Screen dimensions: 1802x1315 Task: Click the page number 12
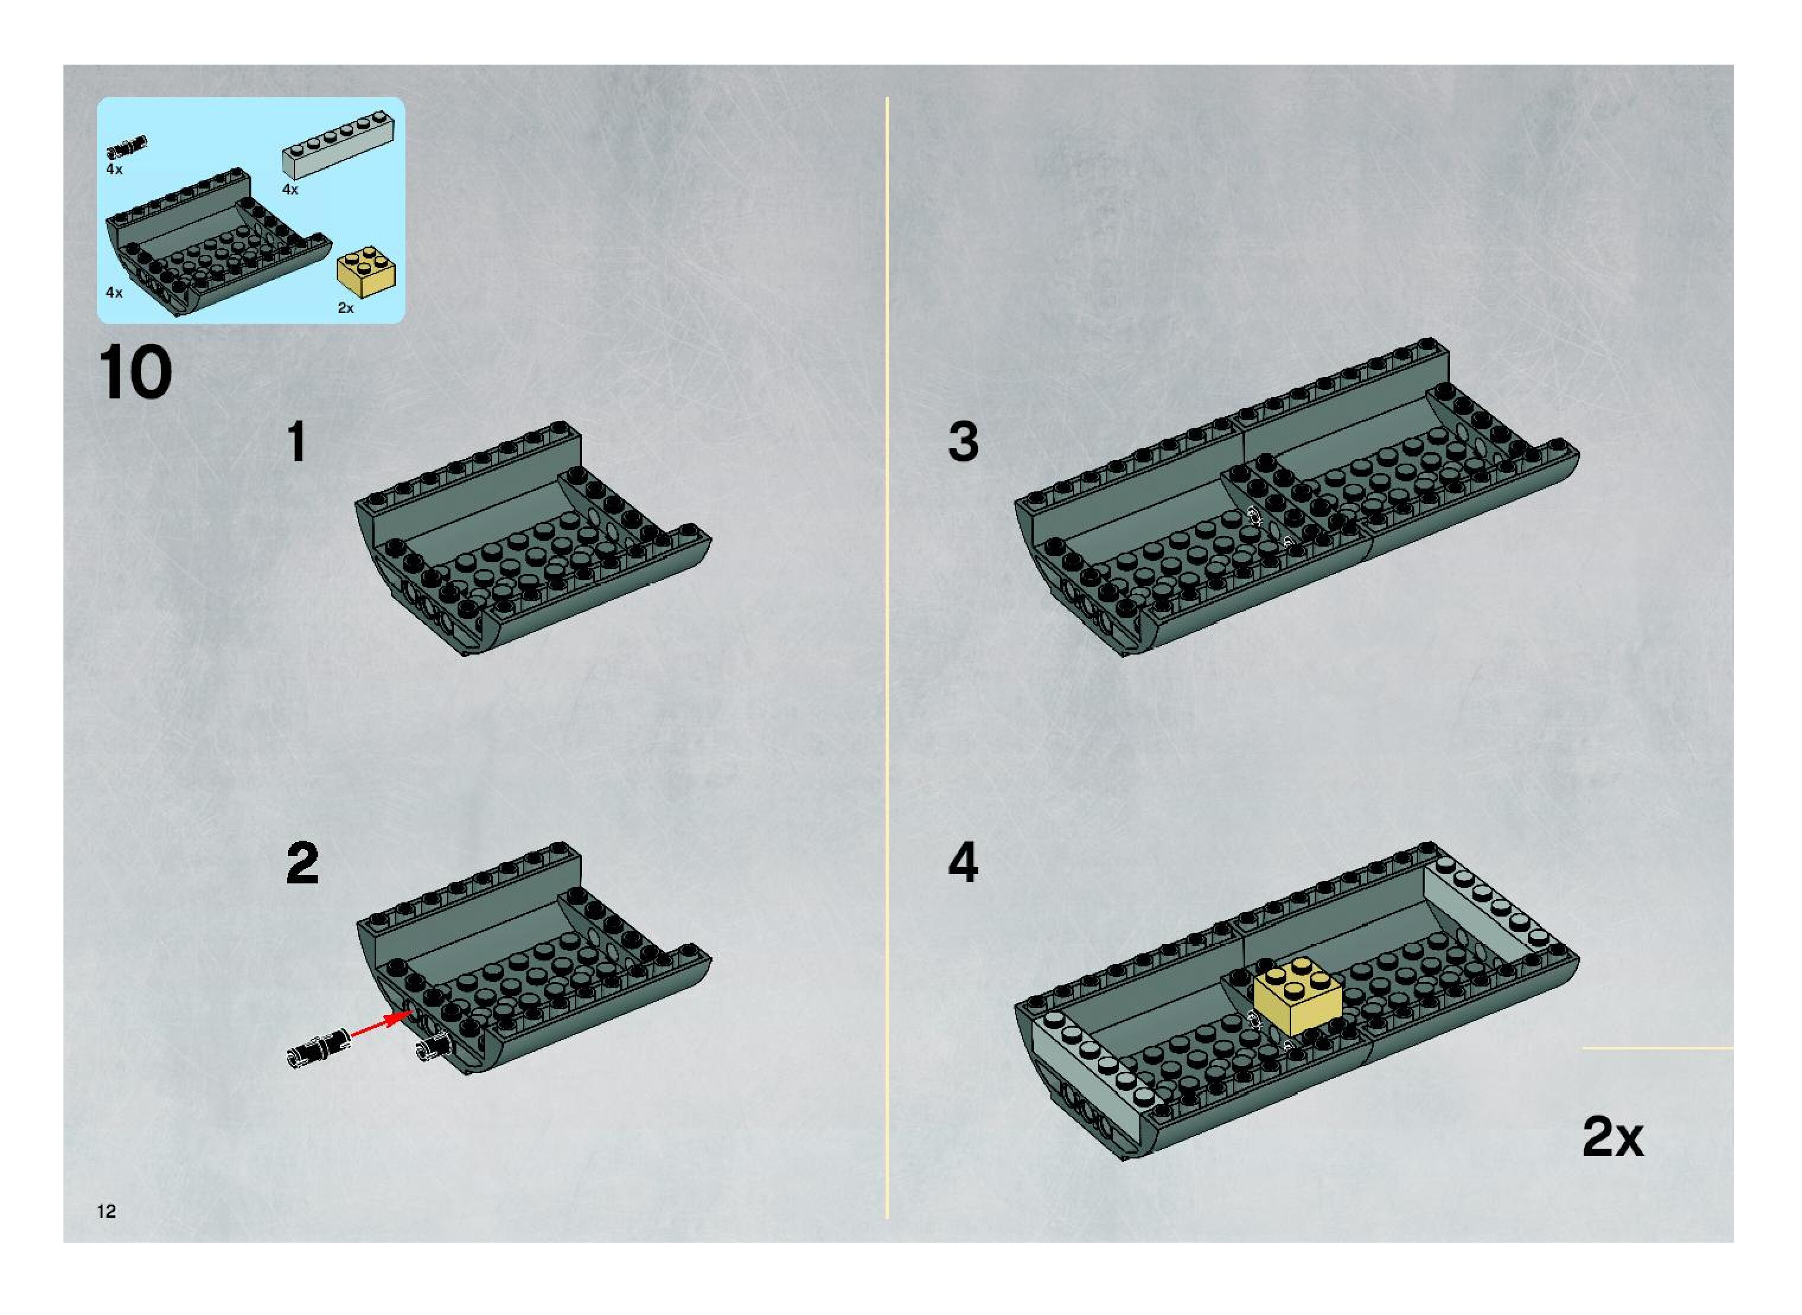pyautogui.click(x=107, y=1211)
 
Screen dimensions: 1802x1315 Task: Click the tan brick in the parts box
pyautogui.click(x=366, y=272)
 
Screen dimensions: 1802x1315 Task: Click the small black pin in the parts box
pyautogui.click(x=126, y=147)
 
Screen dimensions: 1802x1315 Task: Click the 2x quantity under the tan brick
pyautogui.click(x=346, y=308)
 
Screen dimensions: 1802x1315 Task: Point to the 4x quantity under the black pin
pyautogui.click(x=114, y=170)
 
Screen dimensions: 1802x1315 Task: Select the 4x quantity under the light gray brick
pyautogui.click(x=290, y=190)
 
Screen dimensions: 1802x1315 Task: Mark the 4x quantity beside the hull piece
pyautogui.click(x=114, y=293)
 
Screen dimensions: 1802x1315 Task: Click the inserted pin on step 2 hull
pyautogui.click(x=433, y=1049)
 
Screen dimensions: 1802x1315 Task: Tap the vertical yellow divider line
pyautogui.click(x=887, y=657)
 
